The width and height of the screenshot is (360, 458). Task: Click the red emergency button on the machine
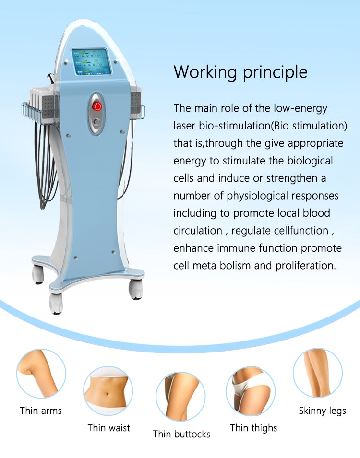tap(97, 106)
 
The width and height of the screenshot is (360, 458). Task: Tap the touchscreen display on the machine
tap(92, 62)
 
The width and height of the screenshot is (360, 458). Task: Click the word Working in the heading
tap(205, 72)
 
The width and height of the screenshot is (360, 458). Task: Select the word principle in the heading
tap(275, 73)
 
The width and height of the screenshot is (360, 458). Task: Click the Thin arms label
tap(41, 411)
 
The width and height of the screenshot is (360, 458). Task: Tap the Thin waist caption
tap(109, 428)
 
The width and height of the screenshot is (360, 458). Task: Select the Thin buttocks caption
tap(181, 434)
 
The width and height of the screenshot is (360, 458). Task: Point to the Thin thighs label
tap(253, 428)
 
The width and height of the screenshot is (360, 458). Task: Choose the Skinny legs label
tap(322, 411)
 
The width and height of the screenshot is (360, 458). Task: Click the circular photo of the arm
tap(41, 373)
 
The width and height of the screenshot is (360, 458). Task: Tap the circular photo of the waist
tap(108, 391)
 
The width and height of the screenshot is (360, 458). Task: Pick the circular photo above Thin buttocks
tap(181, 396)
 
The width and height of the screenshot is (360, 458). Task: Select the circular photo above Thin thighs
tap(251, 391)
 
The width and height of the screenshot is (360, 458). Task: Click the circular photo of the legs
tap(318, 373)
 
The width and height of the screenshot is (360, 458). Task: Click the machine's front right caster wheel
tap(136, 289)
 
